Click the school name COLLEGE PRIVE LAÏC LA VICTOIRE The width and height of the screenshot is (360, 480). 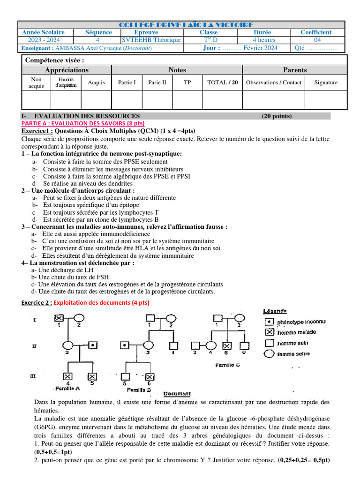pos(186,24)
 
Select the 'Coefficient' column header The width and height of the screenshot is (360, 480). pos(316,32)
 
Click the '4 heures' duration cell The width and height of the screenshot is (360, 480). pos(264,40)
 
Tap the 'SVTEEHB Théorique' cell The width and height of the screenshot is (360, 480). pos(150,40)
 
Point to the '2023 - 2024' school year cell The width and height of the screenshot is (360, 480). pos(43,40)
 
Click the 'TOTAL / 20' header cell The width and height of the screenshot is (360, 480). pos(222,82)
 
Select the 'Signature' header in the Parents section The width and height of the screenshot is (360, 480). pos(326,82)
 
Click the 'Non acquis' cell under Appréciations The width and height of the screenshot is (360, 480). pos(36,82)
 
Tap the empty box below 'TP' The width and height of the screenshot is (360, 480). pos(187,99)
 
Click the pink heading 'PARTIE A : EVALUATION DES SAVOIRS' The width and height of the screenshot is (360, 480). pos(76,123)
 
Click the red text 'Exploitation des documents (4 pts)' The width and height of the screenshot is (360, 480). pos(101,303)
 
